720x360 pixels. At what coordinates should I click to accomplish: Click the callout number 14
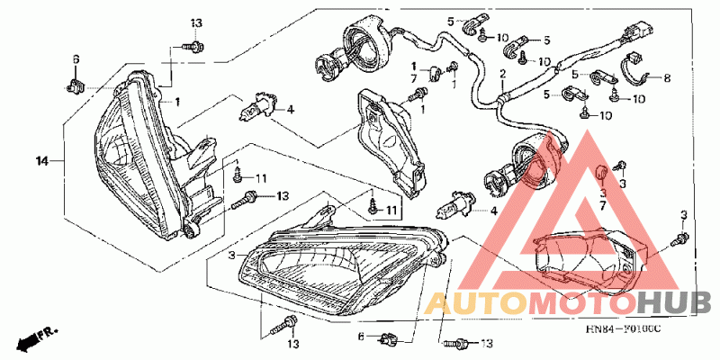point(41,162)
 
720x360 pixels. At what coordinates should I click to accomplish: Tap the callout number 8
point(667,78)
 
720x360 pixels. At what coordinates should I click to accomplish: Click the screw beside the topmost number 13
point(192,42)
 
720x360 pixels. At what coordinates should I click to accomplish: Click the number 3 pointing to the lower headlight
point(230,256)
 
